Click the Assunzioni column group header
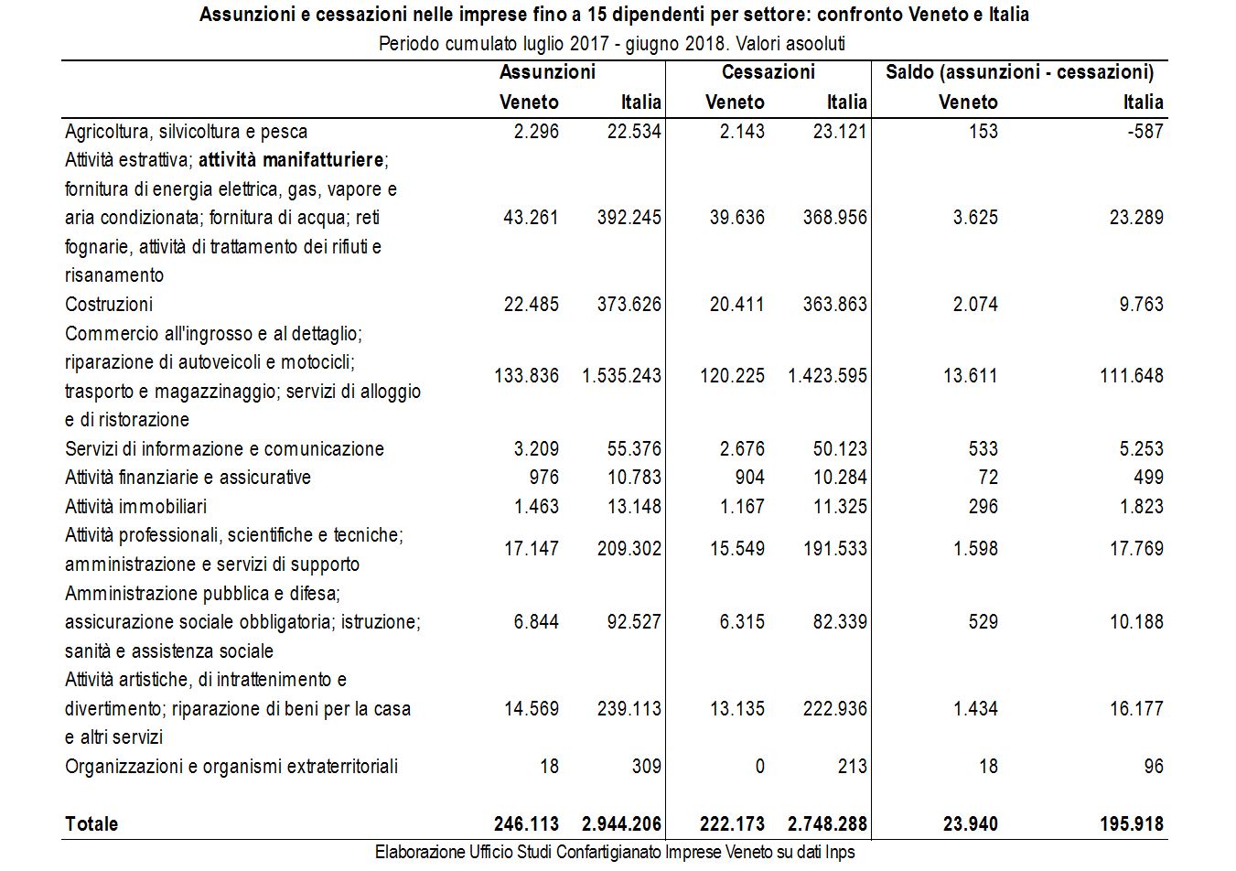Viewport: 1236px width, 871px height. pos(547,71)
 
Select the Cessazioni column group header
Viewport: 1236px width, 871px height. pos(768,71)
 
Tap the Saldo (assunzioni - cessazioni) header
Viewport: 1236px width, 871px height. pos(1019,71)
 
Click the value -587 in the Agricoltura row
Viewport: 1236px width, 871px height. pos(1144,131)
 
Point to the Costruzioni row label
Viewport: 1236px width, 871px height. pos(109,304)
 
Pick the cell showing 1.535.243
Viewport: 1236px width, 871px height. pos(621,375)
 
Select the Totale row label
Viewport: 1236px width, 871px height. pos(91,823)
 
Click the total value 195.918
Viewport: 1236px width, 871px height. pos(1131,823)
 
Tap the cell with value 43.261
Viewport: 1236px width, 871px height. pos(531,218)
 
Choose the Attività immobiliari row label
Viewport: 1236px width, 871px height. pos(135,506)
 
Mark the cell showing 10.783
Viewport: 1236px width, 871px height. pos(634,477)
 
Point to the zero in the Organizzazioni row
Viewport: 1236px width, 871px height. pos(759,766)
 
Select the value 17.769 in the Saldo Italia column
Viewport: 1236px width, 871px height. pos(1136,548)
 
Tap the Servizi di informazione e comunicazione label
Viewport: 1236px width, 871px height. pos(224,448)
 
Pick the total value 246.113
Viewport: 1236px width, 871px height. pos(526,823)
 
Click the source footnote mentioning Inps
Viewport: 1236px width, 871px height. pos(615,852)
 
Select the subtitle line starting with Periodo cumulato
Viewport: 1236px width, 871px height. pos(612,43)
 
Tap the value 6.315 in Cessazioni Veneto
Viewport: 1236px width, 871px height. pos(741,622)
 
